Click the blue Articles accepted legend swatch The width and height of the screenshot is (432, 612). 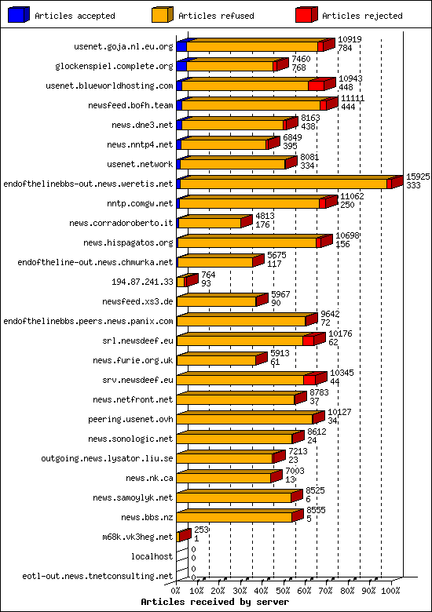pyautogui.click(x=18, y=14)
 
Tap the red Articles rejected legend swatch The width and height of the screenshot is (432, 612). pyautogui.click(x=306, y=14)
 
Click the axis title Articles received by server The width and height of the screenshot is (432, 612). pyautogui.click(x=214, y=602)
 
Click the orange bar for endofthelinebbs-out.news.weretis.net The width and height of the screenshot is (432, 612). pyautogui.click(x=283, y=184)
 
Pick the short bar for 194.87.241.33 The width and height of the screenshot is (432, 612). pyautogui.click(x=181, y=282)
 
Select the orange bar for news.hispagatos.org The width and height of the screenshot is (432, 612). pyautogui.click(x=247, y=242)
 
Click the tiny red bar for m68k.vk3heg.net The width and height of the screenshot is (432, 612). pyautogui.click(x=184, y=536)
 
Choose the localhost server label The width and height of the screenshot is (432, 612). pyautogui.click(x=152, y=556)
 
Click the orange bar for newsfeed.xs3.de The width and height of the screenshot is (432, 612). pyautogui.click(x=217, y=301)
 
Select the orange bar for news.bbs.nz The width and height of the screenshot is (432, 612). pyautogui.click(x=234, y=517)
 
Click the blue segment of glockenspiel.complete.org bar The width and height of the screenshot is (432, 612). pyautogui.click(x=181, y=67)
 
